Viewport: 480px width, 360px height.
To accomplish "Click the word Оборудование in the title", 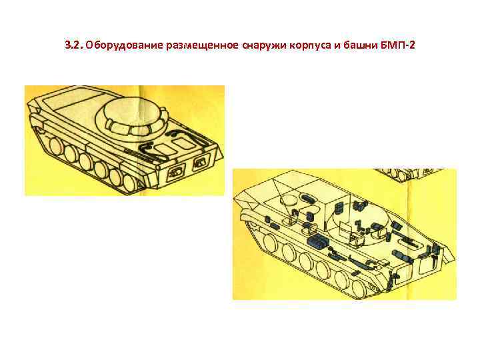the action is click(124, 45).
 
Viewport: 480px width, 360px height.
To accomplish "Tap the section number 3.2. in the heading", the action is click(74, 45).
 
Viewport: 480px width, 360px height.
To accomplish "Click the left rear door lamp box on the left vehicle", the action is click(176, 171).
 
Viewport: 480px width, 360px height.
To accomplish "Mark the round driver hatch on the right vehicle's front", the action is click(289, 200).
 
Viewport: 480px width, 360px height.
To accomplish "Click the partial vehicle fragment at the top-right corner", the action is click(409, 175).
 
